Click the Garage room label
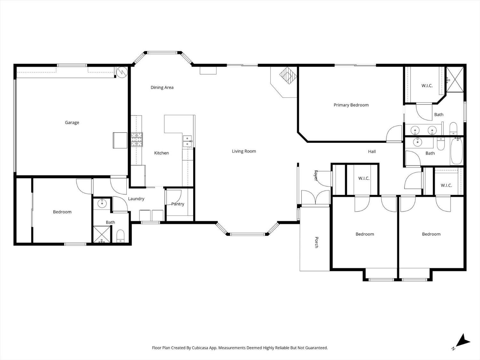click(72, 123)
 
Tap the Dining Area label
click(162, 87)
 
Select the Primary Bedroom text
click(351, 105)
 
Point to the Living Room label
click(244, 151)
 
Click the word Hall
click(372, 152)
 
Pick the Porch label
click(316, 242)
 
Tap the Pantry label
click(178, 204)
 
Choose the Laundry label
click(136, 199)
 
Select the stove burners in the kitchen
click(137, 140)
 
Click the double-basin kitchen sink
click(187, 141)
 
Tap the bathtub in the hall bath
click(456, 151)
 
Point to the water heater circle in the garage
click(122, 72)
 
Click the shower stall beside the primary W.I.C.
click(455, 79)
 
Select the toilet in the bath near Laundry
click(121, 236)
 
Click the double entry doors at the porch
click(316, 197)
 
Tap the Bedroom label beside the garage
click(62, 212)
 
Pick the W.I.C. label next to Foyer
click(364, 178)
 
